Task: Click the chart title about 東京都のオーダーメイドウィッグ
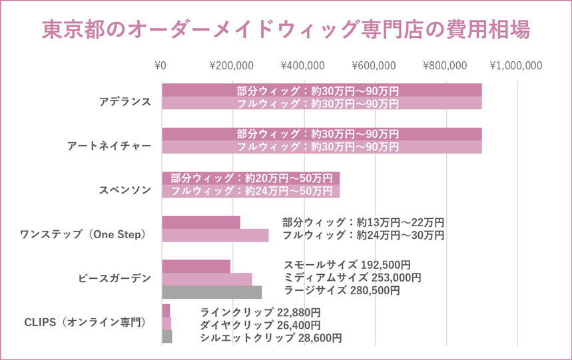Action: point(286,30)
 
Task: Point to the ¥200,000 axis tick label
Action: point(231,66)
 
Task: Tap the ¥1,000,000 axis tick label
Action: point(516,66)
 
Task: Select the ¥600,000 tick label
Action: point(374,66)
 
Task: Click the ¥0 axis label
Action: point(160,66)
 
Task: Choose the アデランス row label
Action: point(125,102)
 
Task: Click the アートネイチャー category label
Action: point(109,146)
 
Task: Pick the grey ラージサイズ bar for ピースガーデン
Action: point(212,292)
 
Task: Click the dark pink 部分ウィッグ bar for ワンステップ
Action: point(201,222)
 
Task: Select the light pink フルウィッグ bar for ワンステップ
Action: point(215,235)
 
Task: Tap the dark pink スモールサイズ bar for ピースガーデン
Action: point(196,266)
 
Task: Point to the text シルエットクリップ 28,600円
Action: point(271,338)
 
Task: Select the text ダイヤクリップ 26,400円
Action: point(260,325)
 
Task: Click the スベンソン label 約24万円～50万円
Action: point(252,191)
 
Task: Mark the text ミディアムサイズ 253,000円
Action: point(352,277)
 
